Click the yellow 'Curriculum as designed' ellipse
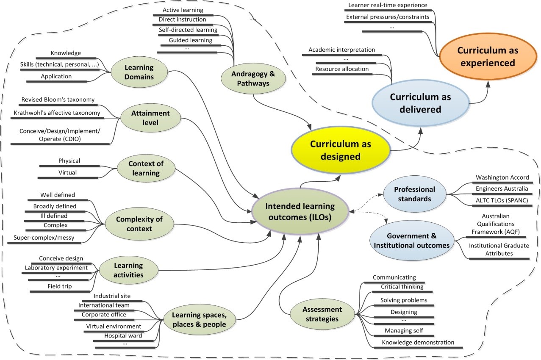tap(341, 150)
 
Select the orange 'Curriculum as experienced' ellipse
tap(488, 56)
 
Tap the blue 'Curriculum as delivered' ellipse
tap(421, 103)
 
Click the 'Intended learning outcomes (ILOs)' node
tap(300, 211)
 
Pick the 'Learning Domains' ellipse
tap(139, 72)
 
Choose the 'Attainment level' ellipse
tap(150, 118)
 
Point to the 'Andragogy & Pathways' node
tap(253, 78)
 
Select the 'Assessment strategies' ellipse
tap(322, 314)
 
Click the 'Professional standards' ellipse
tap(414, 194)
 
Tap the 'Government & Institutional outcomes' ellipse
tap(411, 241)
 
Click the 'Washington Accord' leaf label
tap(502, 177)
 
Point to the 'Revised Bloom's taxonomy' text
tap(58, 100)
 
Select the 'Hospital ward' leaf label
tap(123, 335)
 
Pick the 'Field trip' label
tap(60, 286)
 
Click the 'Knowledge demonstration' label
tap(418, 342)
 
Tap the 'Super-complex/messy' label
tap(44, 238)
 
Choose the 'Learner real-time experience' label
tap(388, 5)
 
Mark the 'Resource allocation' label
tap(342, 69)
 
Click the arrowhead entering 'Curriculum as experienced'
tap(488, 83)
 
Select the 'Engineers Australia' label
tap(502, 189)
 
